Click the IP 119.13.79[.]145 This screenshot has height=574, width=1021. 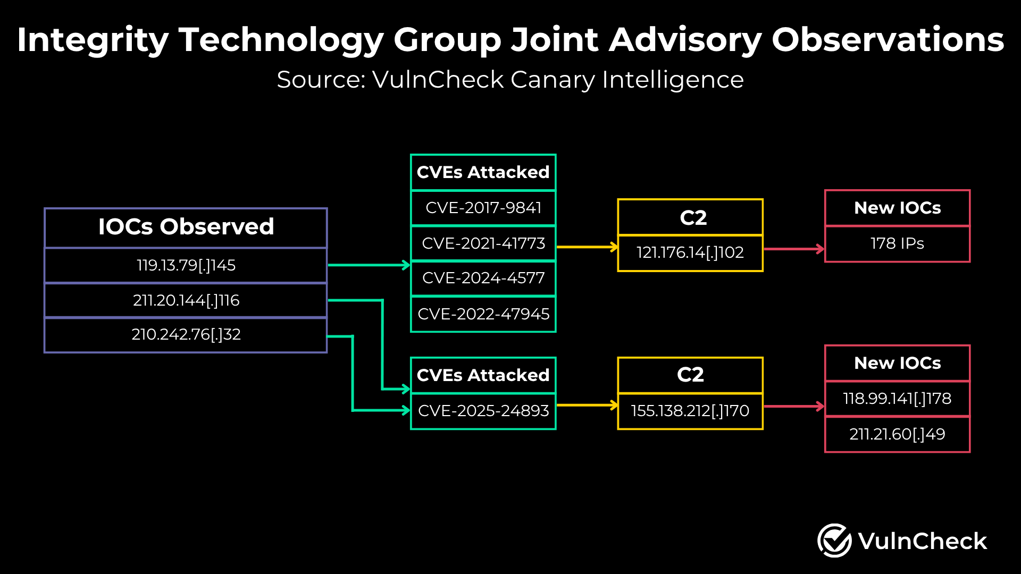[186, 265]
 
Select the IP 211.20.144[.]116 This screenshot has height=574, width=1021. [186, 300]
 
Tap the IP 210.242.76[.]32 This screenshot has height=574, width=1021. [186, 334]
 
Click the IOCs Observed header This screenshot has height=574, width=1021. [186, 227]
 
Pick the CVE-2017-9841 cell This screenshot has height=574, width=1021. [483, 208]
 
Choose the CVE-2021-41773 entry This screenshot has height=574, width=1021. [483, 243]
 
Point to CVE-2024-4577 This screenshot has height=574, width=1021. [483, 278]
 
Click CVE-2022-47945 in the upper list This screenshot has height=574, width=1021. [483, 314]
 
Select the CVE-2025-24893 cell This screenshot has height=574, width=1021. [483, 411]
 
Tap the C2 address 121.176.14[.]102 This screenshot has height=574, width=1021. [690, 252]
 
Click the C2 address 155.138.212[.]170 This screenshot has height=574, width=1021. [690, 411]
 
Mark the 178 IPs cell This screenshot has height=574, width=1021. [897, 243]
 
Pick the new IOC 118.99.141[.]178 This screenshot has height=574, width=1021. [897, 399]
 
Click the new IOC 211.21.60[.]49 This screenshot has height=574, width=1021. [897, 434]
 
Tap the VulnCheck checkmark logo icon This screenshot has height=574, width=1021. [834, 541]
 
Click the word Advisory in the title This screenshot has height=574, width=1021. [685, 40]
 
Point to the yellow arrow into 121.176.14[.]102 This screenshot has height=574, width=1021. [588, 247]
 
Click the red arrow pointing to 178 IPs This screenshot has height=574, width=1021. [794, 249]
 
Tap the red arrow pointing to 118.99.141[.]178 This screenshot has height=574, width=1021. [794, 407]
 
